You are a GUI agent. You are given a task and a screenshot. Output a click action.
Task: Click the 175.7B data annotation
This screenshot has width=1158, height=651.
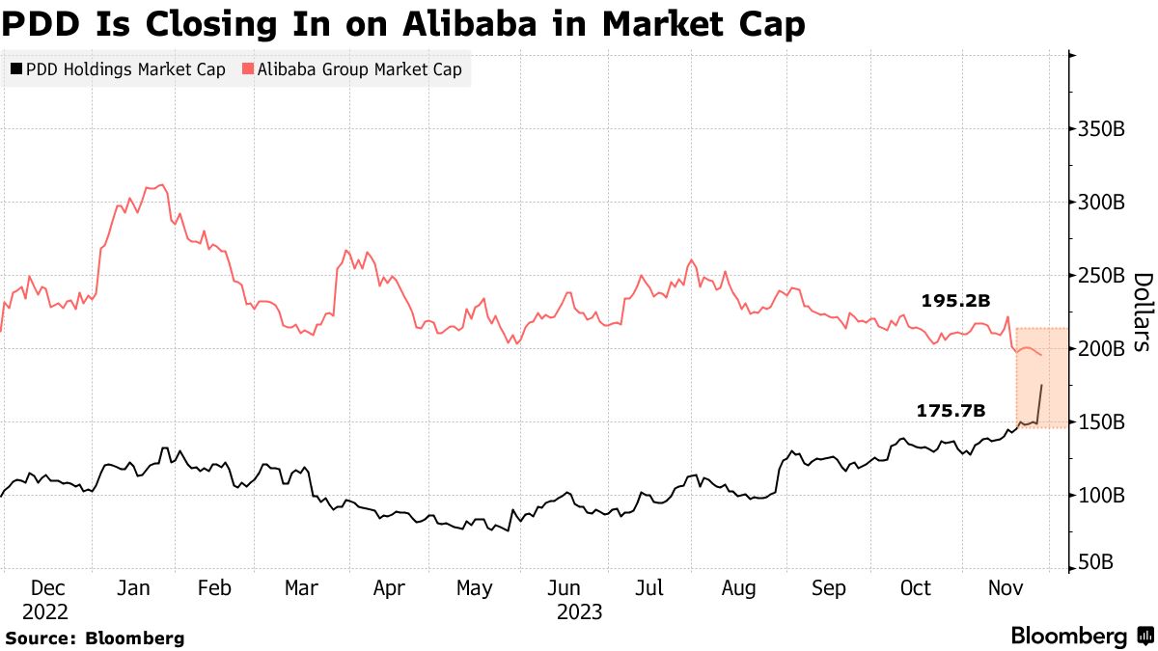pos(951,411)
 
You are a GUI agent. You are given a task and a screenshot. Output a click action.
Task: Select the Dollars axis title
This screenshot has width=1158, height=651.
pos(1142,312)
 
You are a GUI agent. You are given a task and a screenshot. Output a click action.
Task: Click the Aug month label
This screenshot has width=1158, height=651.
pos(739,587)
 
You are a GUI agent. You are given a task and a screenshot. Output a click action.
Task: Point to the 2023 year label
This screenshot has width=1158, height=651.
pos(580,611)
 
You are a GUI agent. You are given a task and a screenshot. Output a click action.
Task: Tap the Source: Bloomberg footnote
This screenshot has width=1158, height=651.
pos(95,637)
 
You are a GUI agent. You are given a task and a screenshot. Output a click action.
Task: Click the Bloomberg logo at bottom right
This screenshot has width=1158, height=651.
pos(1081,637)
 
